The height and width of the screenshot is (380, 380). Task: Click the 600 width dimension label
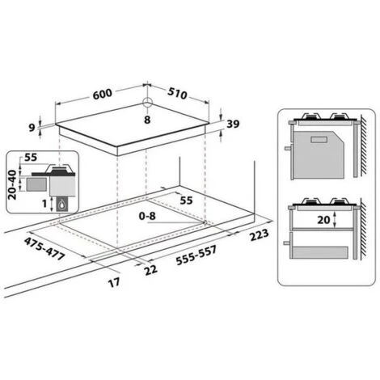(x=103, y=94)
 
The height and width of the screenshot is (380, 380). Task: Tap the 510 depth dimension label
(x=177, y=93)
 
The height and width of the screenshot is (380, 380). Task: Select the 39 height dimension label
(x=233, y=124)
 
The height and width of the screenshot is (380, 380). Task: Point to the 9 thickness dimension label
(x=32, y=128)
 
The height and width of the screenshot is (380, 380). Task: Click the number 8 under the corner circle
(x=147, y=120)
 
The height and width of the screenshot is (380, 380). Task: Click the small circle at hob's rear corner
(x=147, y=103)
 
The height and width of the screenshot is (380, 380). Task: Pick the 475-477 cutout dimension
(x=44, y=248)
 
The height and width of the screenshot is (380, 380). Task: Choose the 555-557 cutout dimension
(x=196, y=255)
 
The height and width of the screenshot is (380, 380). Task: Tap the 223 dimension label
(x=260, y=234)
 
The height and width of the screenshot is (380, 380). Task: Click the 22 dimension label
(x=150, y=270)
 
